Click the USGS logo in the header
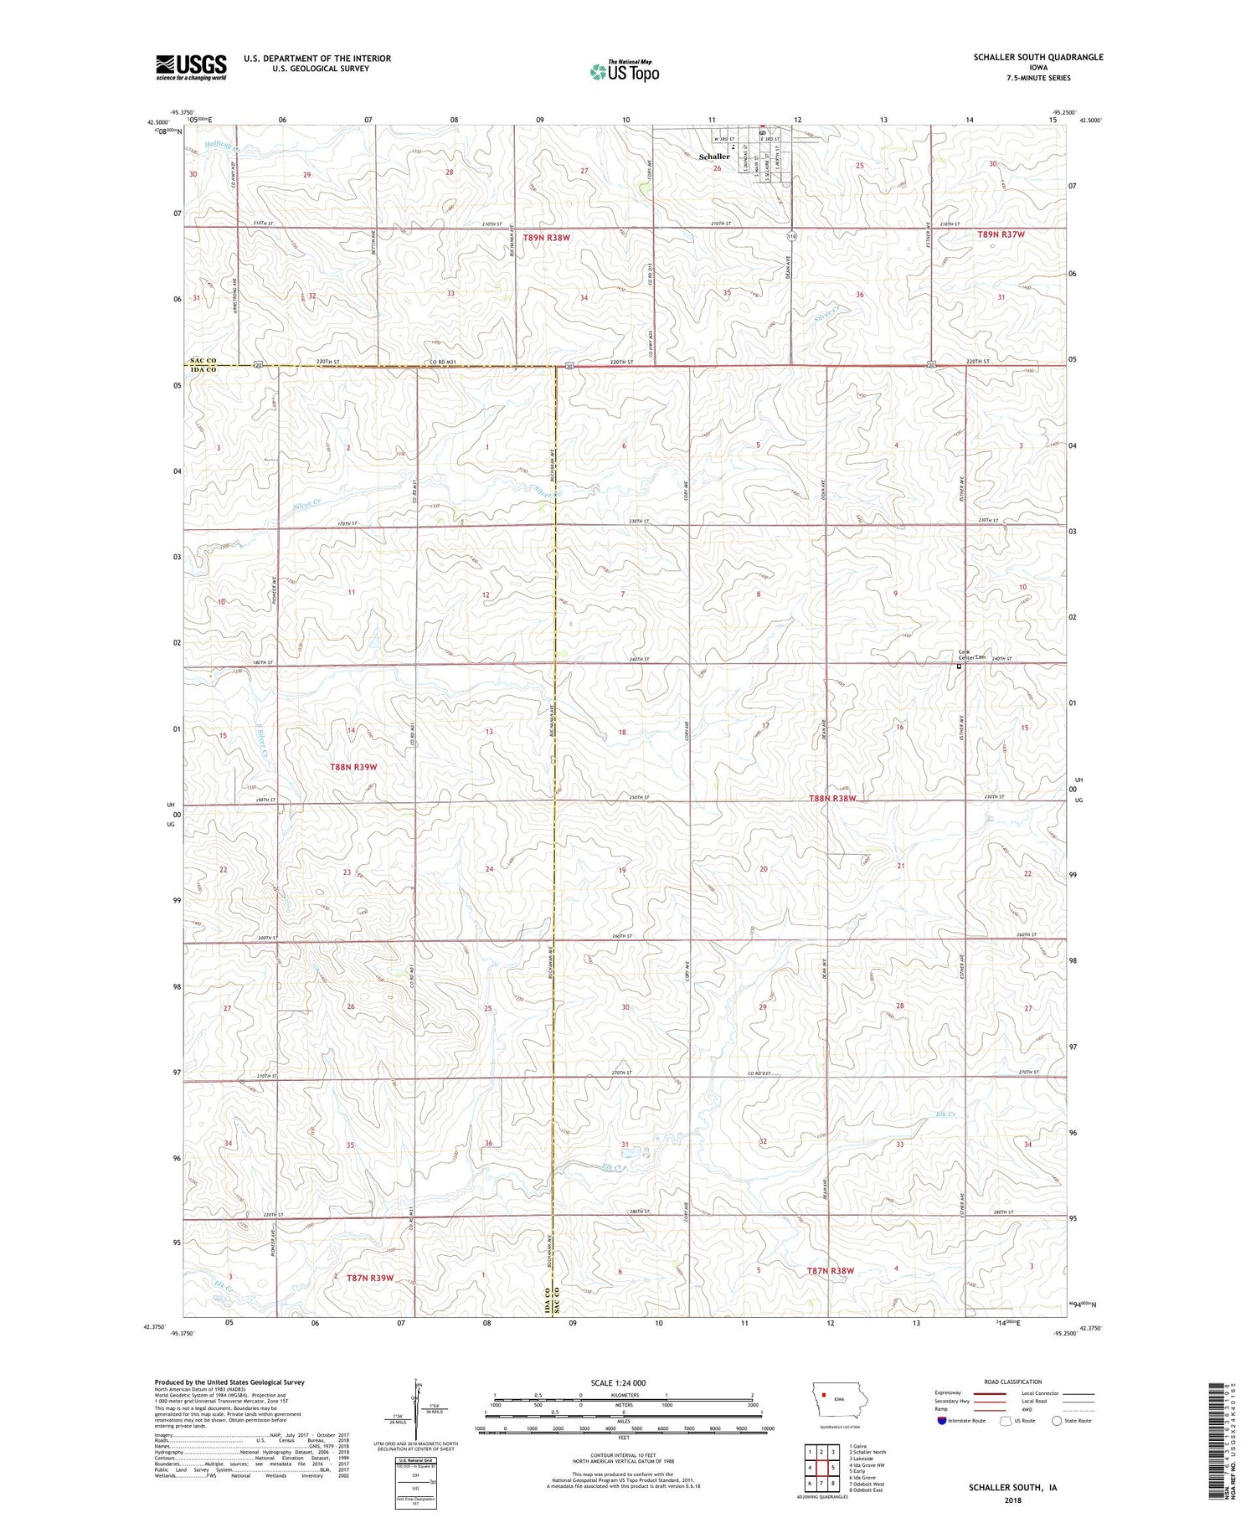[x=191, y=67]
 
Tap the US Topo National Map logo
[x=624, y=71]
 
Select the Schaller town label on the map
[x=714, y=157]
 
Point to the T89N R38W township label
[x=546, y=238]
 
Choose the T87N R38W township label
[x=830, y=1270]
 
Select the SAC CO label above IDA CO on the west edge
[x=201, y=361]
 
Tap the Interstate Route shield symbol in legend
[x=942, y=1421]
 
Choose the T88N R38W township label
[x=832, y=798]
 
